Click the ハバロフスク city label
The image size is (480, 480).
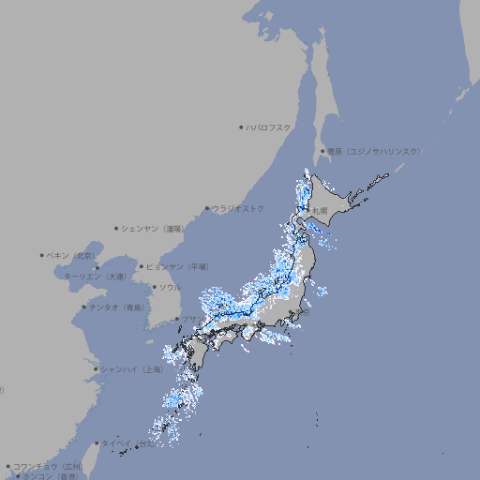pos(269,127)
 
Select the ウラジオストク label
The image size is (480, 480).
pos(238,208)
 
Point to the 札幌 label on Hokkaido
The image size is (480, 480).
pos(320,210)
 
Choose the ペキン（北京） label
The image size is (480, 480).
pos(71,255)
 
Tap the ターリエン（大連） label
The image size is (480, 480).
pos(94,277)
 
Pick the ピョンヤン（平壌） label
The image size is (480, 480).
pos(178,266)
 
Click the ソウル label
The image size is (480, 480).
pos(170,287)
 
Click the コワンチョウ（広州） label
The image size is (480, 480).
pos(48,466)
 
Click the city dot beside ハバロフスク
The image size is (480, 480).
pos(241,127)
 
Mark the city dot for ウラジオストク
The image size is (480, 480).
pos(207,208)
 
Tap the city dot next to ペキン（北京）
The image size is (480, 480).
pos(42,255)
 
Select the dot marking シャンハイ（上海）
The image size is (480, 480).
pos(96,369)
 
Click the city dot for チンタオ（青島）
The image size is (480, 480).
pos(83,307)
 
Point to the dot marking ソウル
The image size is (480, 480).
pos(154,287)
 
